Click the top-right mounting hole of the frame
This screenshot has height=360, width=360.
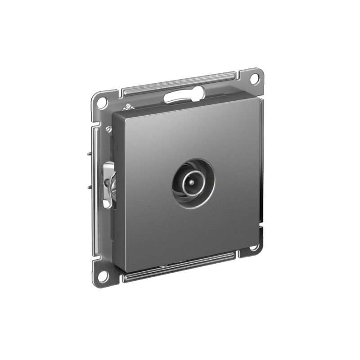tap(254, 77)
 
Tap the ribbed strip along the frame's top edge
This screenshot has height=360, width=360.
tap(180, 81)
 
